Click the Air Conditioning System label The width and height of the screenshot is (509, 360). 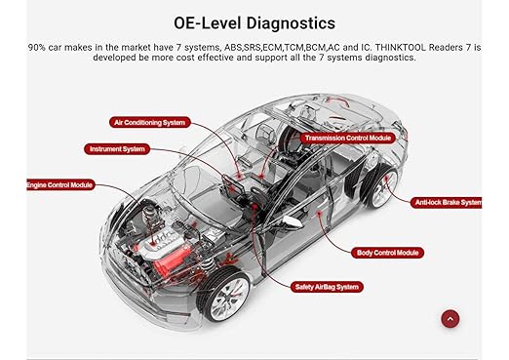149,122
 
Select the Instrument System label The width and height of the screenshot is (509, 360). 117,149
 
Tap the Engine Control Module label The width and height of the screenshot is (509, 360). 60,185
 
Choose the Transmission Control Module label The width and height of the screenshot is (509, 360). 347,138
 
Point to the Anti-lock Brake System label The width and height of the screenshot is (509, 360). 448,203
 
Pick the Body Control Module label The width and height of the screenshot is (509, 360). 387,253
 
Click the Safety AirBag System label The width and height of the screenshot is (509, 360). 327,287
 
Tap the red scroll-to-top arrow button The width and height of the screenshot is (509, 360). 450,319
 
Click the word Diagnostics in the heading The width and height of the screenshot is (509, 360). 291,23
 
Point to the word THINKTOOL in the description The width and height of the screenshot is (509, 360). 400,48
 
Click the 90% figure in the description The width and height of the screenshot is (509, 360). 37,48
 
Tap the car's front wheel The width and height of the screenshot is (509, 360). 225,296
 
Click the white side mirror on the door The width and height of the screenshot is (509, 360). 293,221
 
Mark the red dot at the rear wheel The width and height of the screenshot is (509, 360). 386,178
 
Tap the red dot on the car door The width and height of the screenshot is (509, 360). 320,213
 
